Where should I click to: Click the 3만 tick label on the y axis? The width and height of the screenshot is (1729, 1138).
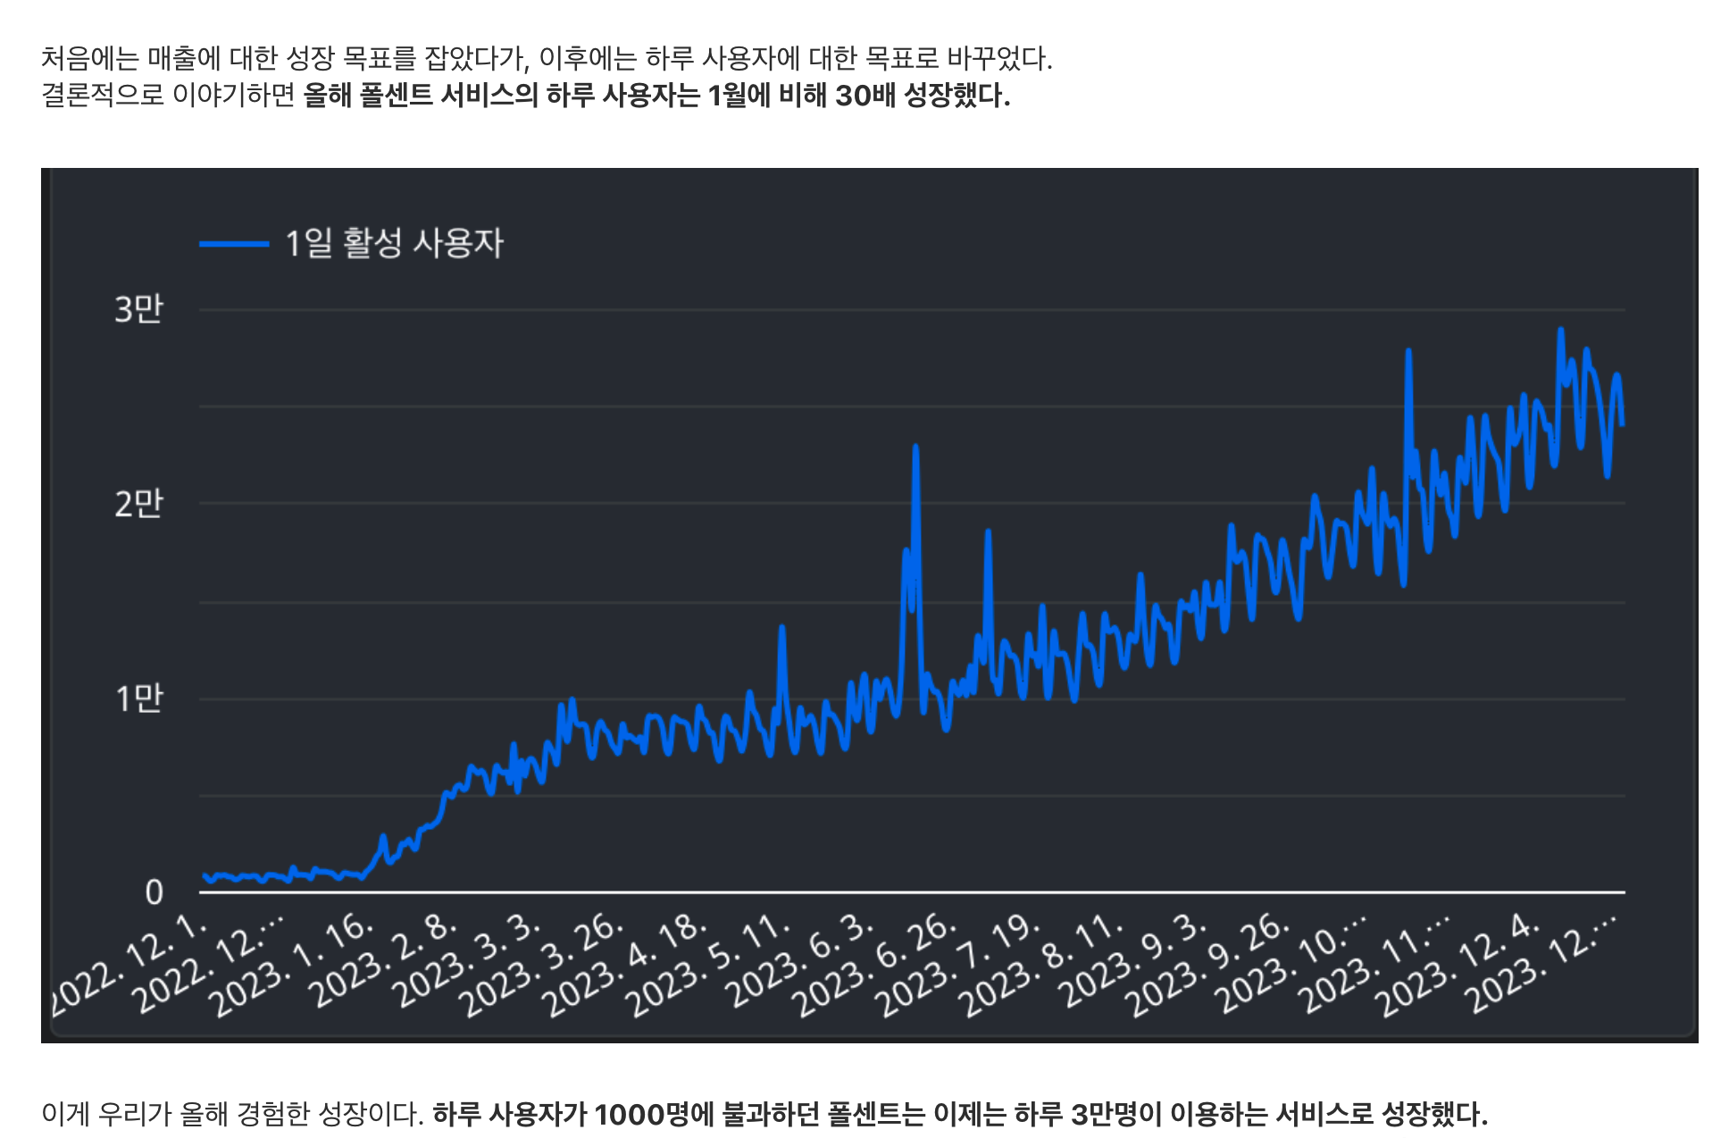pyautogui.click(x=138, y=309)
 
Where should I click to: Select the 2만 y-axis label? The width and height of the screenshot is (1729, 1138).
pyautogui.click(x=138, y=504)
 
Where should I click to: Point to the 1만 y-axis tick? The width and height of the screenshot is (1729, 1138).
pyautogui.click(x=138, y=698)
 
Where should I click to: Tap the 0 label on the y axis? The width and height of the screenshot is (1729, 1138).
pyautogui.click(x=154, y=891)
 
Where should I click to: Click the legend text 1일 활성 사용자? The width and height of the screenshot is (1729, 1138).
pyautogui.click(x=394, y=243)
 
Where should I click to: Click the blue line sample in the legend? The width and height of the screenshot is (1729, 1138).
pyautogui.click(x=234, y=243)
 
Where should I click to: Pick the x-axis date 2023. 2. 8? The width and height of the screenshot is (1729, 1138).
pyautogui.click(x=386, y=963)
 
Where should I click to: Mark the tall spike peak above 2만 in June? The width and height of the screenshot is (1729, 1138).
pyautogui.click(x=915, y=447)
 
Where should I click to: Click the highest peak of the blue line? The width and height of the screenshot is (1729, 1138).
pyautogui.click(x=1560, y=331)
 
